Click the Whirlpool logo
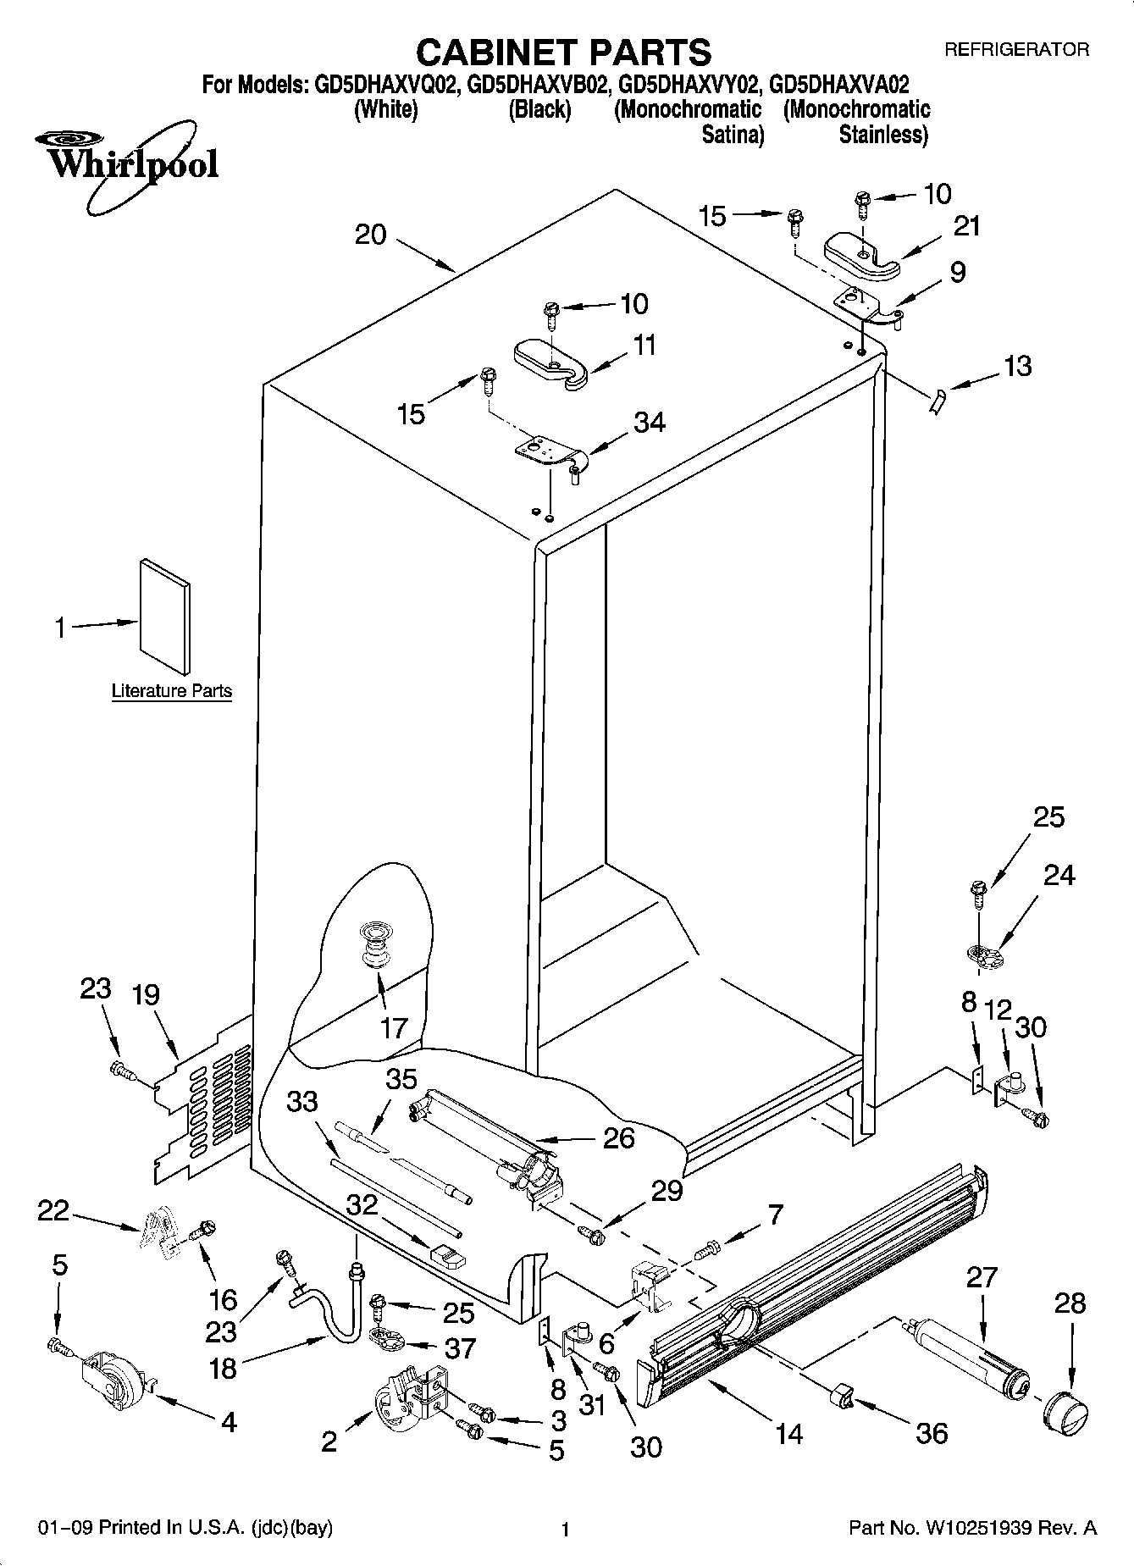click(127, 161)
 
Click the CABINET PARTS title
click(563, 52)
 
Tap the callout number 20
click(370, 235)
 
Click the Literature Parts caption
click(171, 691)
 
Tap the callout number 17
click(394, 1028)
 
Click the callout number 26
click(618, 1137)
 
